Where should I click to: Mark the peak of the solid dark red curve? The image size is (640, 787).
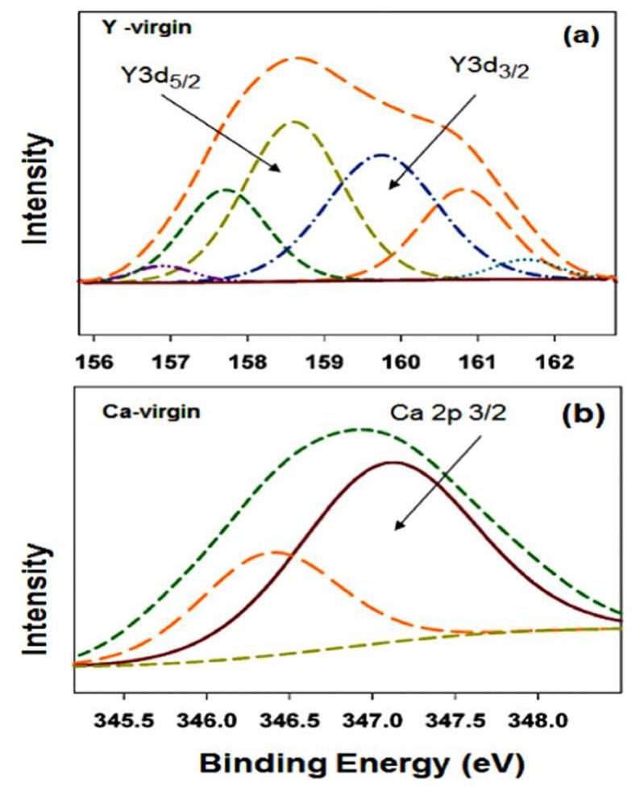393,463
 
